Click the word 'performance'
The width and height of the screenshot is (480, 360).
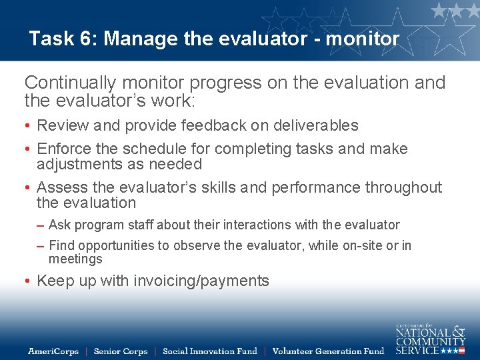(316, 187)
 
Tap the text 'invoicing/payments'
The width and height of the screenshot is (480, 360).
(201, 281)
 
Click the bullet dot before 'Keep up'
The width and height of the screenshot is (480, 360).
(28, 281)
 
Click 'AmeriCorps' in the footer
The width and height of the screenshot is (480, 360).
(53, 351)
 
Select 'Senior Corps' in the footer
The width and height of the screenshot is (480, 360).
(121, 351)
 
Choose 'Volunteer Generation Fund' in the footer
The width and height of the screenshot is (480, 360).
(328, 351)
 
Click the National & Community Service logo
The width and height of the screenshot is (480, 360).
(430, 339)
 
